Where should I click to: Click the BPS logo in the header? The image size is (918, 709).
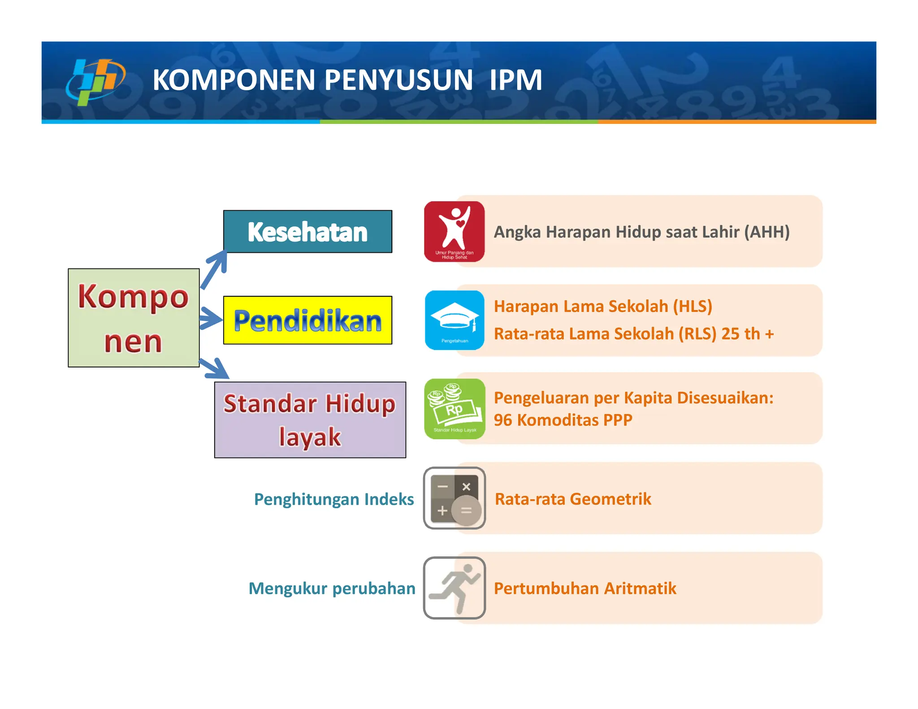click(x=95, y=82)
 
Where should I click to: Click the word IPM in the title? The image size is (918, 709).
click(x=515, y=80)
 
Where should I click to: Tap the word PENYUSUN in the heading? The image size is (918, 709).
click(x=398, y=80)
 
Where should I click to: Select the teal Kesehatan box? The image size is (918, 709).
click(x=307, y=232)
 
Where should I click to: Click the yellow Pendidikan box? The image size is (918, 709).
click(x=307, y=320)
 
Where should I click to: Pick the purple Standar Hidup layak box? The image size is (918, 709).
click(x=310, y=420)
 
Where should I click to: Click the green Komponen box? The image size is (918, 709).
click(x=134, y=318)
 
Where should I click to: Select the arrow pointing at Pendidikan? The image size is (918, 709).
click(x=210, y=319)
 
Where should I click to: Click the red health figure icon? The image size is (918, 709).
click(x=455, y=232)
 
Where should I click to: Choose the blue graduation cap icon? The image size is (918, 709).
click(x=455, y=320)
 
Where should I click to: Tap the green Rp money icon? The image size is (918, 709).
click(x=455, y=409)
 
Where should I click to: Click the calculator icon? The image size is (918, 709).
click(x=455, y=498)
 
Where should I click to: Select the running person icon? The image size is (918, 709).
click(x=455, y=588)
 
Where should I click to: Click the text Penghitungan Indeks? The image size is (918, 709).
click(x=334, y=499)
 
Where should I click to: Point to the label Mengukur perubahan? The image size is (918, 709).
click(x=332, y=588)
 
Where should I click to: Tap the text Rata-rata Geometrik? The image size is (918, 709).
click(x=572, y=499)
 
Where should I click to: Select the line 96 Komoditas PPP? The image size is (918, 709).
click(x=563, y=420)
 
